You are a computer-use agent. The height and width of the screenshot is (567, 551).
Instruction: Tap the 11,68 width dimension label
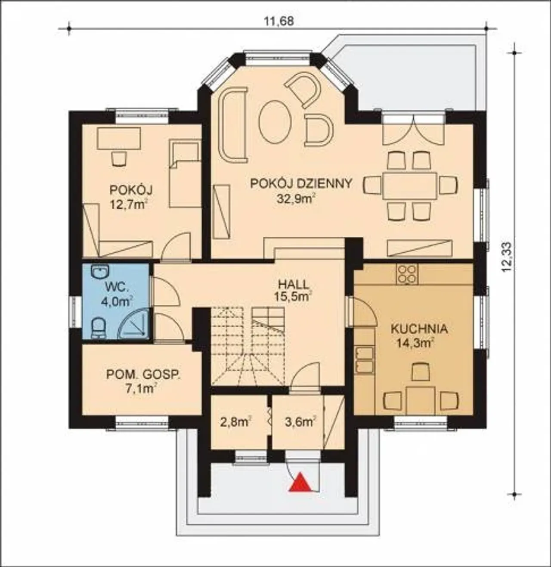click(279, 22)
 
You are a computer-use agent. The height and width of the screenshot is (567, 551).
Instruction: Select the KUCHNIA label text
click(419, 329)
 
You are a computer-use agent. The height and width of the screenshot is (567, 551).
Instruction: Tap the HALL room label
click(293, 284)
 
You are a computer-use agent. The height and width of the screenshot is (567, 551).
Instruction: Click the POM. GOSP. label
click(143, 375)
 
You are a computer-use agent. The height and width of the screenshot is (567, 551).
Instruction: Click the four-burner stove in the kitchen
click(407, 273)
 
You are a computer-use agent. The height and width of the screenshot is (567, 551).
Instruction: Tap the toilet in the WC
click(99, 328)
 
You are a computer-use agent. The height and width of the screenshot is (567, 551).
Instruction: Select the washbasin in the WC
click(99, 272)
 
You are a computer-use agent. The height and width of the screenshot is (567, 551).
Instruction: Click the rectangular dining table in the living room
click(410, 185)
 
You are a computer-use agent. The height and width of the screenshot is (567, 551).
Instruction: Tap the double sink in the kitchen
click(365, 360)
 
